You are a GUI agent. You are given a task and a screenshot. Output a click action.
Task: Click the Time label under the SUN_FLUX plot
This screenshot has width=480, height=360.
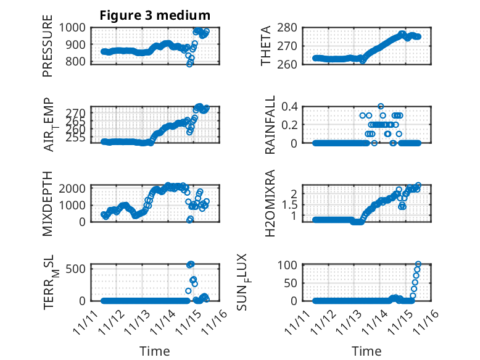(x=366, y=351)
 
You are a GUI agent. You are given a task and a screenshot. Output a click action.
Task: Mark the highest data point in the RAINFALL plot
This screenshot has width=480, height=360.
(x=381, y=107)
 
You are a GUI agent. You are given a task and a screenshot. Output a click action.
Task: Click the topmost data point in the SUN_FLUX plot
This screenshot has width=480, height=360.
(x=418, y=264)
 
